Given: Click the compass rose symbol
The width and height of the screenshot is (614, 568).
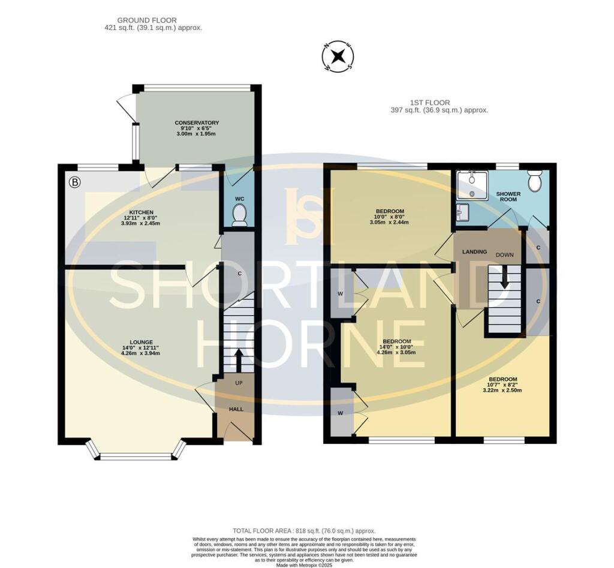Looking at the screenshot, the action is point(338,57).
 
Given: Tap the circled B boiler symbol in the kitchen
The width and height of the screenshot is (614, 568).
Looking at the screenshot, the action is point(74,182).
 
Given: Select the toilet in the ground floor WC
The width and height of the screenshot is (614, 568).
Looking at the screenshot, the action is point(239,216).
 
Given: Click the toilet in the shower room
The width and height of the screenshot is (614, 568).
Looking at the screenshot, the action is point(534,181).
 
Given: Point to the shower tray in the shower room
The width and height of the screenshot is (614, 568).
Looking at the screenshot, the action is point(472,185).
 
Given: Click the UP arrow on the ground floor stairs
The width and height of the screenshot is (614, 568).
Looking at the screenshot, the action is point(238,361).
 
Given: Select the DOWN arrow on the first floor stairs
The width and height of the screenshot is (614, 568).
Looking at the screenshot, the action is point(505,277).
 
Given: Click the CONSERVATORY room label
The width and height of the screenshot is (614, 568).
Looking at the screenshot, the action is point(197,122).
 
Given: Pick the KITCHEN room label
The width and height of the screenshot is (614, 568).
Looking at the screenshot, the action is point(141,212).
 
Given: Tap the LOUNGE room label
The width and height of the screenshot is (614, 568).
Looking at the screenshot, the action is point(141,342).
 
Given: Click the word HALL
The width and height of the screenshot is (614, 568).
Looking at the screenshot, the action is point(236,409).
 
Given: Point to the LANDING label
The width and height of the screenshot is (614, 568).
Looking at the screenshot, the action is point(475,252).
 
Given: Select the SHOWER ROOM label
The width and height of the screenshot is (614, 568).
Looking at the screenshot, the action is point(508,197).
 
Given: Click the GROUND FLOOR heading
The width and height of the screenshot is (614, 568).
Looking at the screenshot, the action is point(147,20).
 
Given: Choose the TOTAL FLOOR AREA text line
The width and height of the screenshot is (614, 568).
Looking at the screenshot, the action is point(304,531).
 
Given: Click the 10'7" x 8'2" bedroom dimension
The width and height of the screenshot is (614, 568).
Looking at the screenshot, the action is point(503,384).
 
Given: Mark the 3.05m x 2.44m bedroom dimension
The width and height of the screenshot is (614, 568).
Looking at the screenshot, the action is point(389,222).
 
